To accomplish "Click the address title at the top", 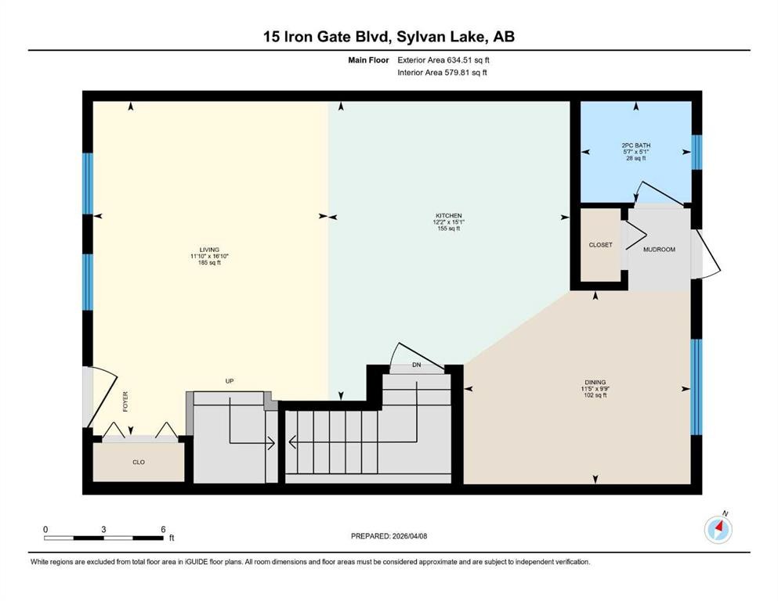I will point(389,36).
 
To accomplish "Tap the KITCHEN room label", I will point(449,216).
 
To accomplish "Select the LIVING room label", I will point(209,250).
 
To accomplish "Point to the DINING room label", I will point(593,383).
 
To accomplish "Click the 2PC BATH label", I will point(635,146).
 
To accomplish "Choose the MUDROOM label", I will point(658,250).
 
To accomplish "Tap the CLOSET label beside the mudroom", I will point(600,245).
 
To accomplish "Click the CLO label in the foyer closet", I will point(138,462).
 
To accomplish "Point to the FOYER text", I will point(125,401).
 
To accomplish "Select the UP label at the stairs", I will point(230,381).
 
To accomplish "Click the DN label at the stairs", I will point(415,365).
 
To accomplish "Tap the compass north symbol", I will point(718,530).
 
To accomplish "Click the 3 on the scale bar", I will point(103,529).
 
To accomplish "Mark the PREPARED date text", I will point(389,536).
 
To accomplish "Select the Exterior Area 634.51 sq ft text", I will point(445,59).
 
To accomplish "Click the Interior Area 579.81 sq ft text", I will point(443,73).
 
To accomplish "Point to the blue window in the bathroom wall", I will point(697,152).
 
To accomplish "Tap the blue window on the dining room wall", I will point(696,387).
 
